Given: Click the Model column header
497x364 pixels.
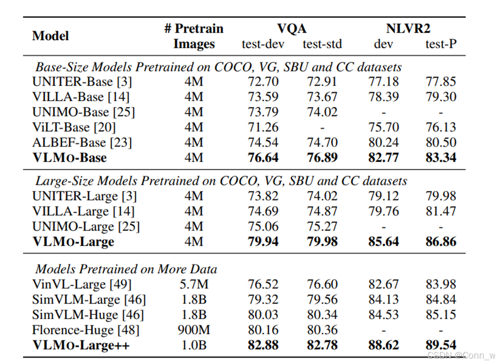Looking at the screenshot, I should [51, 36].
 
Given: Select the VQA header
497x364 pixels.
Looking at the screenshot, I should [292, 29].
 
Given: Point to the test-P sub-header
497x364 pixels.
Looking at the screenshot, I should [441, 44].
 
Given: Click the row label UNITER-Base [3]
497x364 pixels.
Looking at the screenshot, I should [82, 81].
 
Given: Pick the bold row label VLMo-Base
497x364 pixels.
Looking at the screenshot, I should [70, 158].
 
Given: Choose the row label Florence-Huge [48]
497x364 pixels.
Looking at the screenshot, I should [86, 330].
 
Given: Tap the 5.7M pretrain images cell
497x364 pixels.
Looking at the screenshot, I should [194, 284].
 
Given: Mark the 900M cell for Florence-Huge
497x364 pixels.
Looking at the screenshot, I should [194, 330].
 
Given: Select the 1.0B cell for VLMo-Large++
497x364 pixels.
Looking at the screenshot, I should [194, 345].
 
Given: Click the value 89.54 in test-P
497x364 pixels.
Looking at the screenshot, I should [441, 345].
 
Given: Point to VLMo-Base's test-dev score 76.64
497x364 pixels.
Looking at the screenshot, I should [263, 158].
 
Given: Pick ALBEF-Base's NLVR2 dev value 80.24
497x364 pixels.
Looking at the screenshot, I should [383, 143].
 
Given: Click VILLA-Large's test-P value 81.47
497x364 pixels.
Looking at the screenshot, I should [441, 211].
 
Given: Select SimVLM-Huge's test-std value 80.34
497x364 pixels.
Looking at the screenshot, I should [322, 315].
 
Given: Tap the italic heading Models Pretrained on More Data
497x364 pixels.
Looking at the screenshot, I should [126, 269].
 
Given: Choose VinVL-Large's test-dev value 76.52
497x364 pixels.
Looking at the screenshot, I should [263, 284].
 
